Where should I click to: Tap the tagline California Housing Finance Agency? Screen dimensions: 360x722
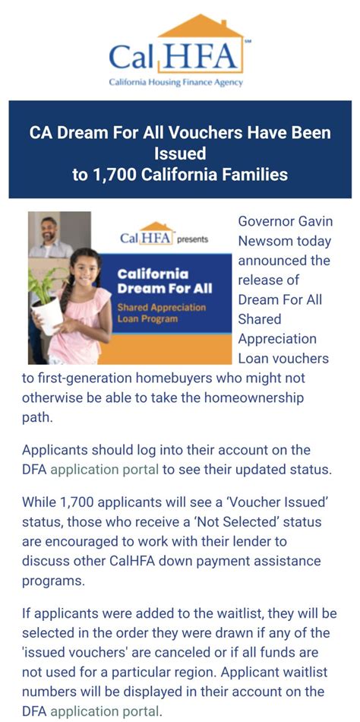pos(175,82)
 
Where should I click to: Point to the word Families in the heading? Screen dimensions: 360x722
pos(255,174)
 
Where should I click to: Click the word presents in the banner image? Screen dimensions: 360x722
pos(192,239)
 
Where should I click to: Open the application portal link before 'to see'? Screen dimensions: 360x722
pos(104,469)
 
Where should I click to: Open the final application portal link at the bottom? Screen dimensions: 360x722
pos(104,711)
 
